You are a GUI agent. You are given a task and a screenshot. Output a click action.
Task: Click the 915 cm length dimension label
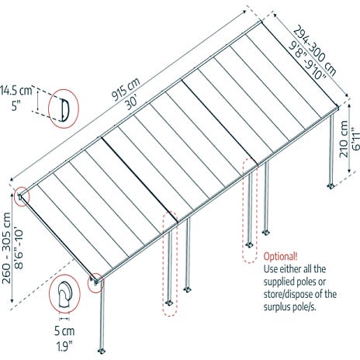pos(126,89)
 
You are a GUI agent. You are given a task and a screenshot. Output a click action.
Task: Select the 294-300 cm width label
pos(315,50)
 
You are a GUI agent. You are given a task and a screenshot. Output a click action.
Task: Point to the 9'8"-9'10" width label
pos(307,61)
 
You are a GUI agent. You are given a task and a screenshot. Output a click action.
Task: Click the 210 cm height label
pos(344,139)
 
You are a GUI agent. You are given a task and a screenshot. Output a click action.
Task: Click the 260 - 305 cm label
pos(6,248)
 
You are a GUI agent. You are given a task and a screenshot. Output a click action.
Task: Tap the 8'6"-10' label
pos(19,248)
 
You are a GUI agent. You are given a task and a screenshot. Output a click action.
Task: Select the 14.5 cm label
pos(16,91)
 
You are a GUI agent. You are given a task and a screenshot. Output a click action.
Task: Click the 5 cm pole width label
pos(64,331)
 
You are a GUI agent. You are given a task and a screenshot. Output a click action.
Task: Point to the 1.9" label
pos(64,346)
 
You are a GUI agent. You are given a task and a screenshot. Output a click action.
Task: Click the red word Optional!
pos(280,256)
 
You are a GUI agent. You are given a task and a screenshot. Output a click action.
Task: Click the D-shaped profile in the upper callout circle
pos(65,109)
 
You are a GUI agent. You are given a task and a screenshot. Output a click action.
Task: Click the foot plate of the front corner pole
pos(102,351)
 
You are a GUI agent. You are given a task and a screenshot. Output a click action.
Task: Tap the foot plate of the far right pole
pos(331,186)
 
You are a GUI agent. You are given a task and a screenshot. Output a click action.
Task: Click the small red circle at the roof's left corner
pos(22,196)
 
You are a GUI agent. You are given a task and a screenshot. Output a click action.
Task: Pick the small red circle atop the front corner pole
pos(95,283)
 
